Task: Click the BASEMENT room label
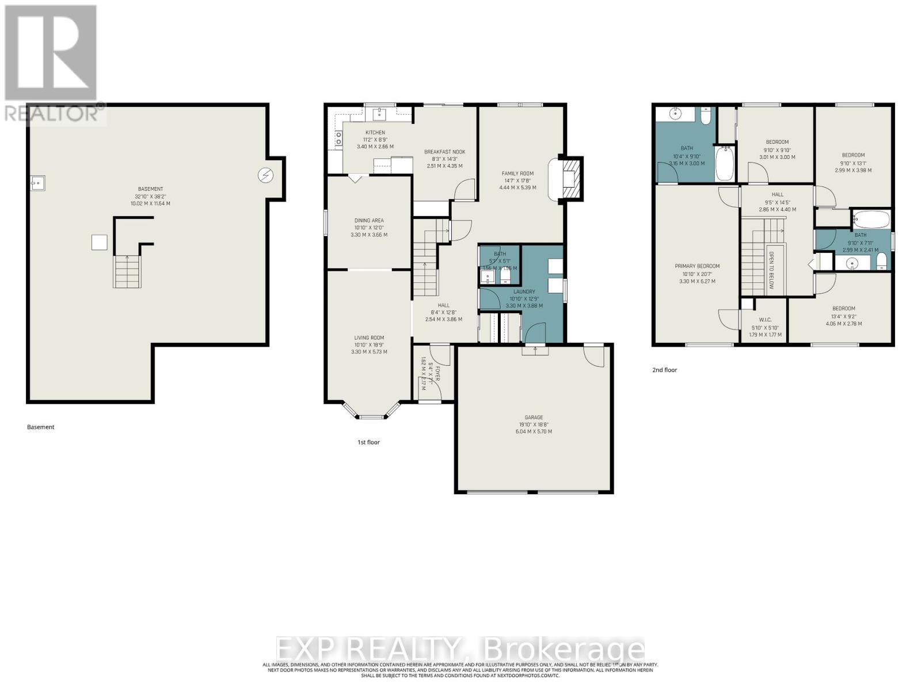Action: pyautogui.click(x=150, y=189)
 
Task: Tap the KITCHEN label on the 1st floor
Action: pyautogui.click(x=375, y=132)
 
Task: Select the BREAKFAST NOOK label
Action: pyautogui.click(x=444, y=152)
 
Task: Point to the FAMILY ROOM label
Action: pyautogui.click(x=517, y=173)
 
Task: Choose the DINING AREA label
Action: pyautogui.click(x=369, y=221)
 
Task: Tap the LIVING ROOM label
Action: pyautogui.click(x=369, y=338)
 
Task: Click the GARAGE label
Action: pyautogui.click(x=534, y=417)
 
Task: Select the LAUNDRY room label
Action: pyautogui.click(x=524, y=292)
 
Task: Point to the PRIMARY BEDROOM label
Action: pyautogui.click(x=697, y=266)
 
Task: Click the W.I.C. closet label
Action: pyautogui.click(x=765, y=320)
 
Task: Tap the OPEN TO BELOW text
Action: pyautogui.click(x=770, y=270)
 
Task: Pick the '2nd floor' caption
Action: pyautogui.click(x=664, y=370)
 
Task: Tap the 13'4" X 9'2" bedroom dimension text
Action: pyautogui.click(x=843, y=316)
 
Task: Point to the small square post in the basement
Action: pyautogui.click(x=99, y=242)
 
